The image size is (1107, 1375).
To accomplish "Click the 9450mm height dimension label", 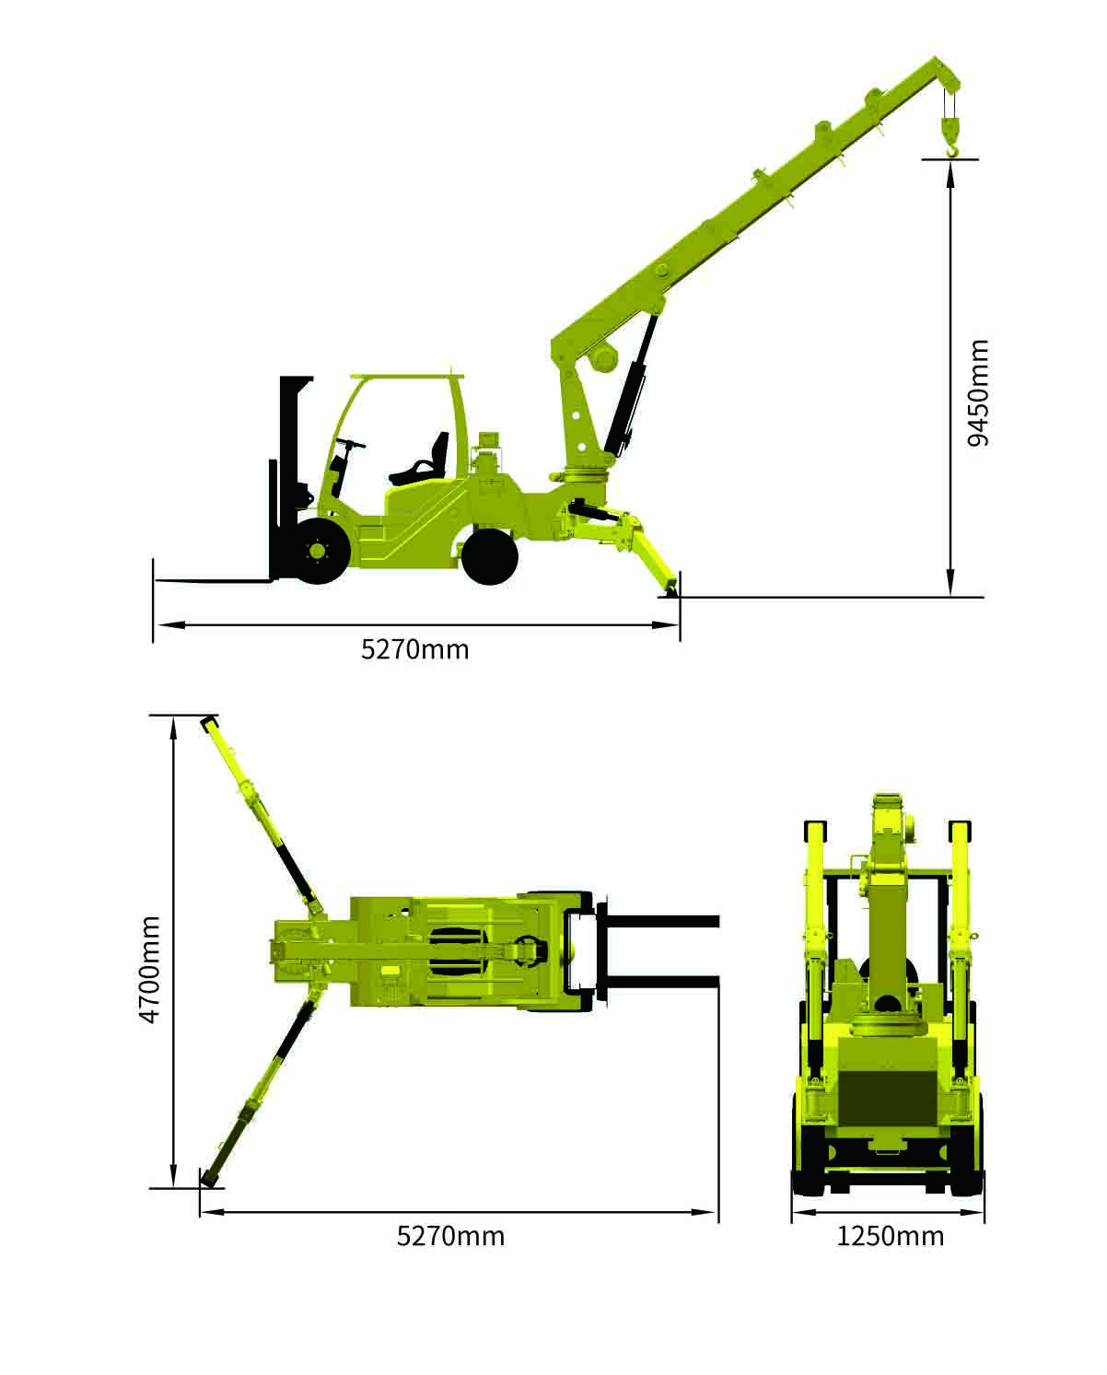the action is (x=978, y=393).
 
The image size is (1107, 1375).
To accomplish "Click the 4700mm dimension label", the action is (x=150, y=969).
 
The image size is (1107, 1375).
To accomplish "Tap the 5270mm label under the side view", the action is (x=414, y=650).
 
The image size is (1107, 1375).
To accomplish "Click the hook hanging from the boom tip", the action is (x=951, y=137).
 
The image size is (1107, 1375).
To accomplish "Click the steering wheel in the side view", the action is (x=351, y=443).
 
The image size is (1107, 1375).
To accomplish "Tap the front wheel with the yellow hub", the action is (x=318, y=551).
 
